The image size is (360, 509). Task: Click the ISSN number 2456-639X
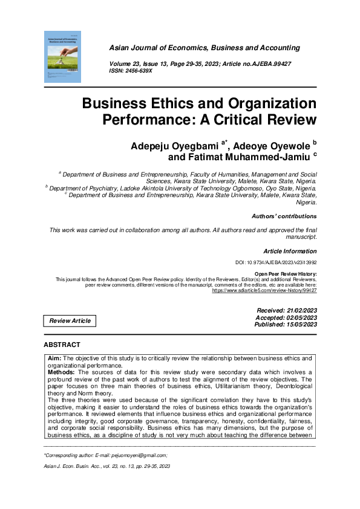(140, 71)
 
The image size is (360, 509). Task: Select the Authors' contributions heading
(283, 216)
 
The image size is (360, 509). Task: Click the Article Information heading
(290, 250)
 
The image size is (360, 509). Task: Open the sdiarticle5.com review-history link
(264, 290)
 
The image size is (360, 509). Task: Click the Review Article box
(70, 320)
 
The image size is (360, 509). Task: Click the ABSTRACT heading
(62, 344)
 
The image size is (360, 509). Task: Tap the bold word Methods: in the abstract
(61, 373)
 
